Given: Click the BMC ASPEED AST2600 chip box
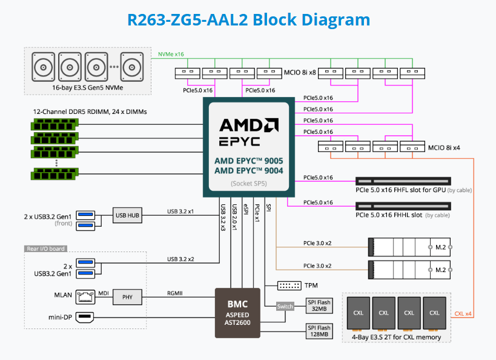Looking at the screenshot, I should click(237, 313).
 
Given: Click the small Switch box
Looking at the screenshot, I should click(285, 306).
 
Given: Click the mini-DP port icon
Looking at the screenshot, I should click(85, 317).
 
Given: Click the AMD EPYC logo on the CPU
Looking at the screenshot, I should click(248, 133).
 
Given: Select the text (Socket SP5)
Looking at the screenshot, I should click(248, 183).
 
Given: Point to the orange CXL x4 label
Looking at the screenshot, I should click(463, 314).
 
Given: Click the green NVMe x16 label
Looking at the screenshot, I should click(171, 55).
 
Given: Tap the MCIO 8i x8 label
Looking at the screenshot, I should click(300, 73).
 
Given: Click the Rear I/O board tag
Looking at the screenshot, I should click(45, 248).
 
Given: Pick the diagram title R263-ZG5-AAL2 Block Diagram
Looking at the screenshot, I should click(248, 19).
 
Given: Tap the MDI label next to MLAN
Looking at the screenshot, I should click(103, 293).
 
